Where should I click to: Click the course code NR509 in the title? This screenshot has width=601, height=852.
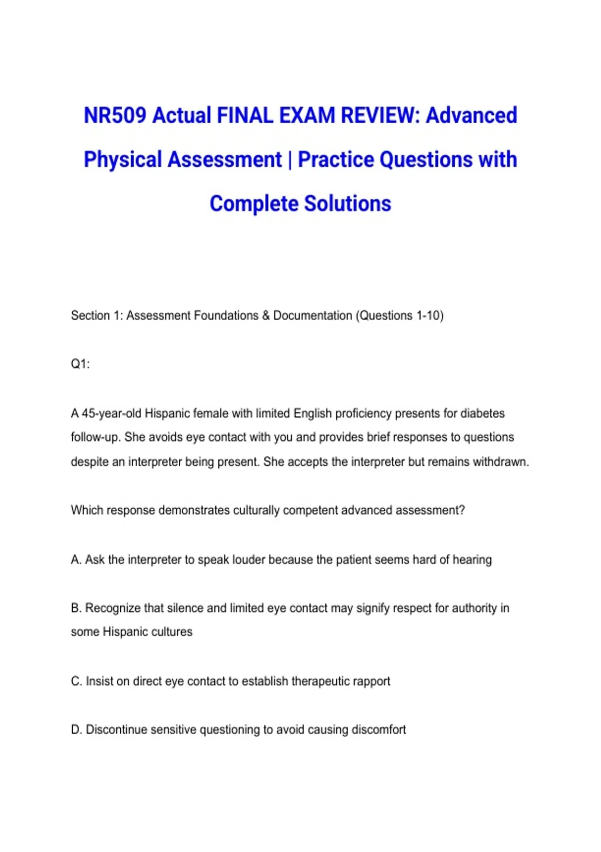(x=115, y=115)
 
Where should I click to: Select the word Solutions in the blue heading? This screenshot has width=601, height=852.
(x=348, y=203)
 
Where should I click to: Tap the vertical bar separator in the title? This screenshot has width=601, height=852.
(x=289, y=160)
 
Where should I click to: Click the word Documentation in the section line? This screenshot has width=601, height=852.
(x=313, y=315)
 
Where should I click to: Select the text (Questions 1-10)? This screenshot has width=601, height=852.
(x=400, y=315)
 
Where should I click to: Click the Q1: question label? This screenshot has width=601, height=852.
(x=80, y=364)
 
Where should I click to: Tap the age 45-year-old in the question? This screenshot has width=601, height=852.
(x=112, y=413)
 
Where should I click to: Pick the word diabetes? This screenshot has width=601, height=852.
(x=482, y=413)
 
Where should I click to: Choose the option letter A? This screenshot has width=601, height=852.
(x=76, y=559)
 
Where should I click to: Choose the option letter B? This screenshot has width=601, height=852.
(x=76, y=608)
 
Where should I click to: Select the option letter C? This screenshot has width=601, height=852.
(x=76, y=681)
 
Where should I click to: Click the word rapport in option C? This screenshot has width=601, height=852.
(x=371, y=681)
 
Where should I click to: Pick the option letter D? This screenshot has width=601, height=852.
(x=76, y=730)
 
